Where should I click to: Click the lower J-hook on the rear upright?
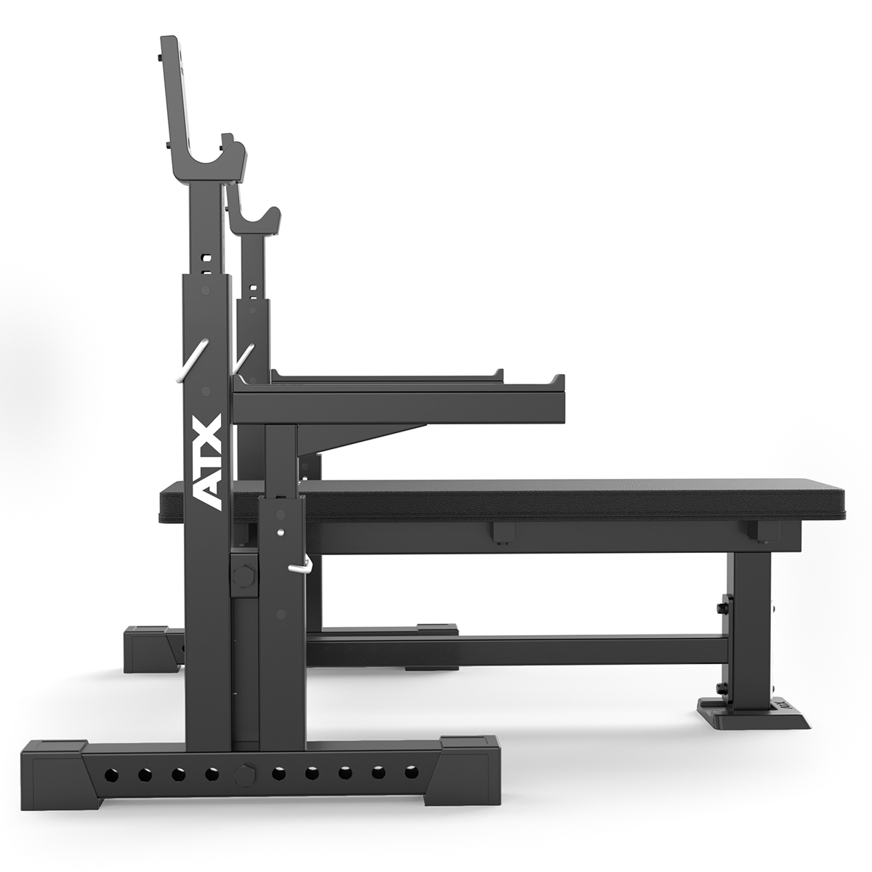click(x=256, y=222)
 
